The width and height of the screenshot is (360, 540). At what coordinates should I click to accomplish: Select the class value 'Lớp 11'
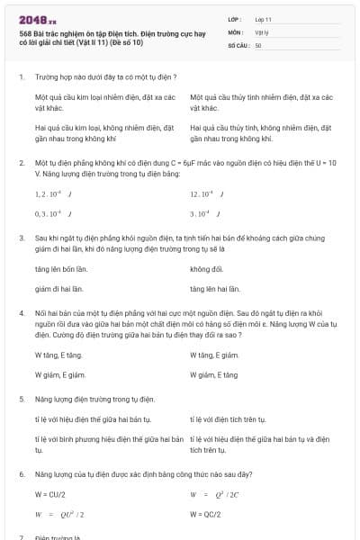click(x=264, y=18)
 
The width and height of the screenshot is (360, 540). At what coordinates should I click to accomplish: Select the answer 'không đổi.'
click(x=206, y=269)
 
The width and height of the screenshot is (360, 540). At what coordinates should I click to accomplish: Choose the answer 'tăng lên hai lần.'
click(x=215, y=289)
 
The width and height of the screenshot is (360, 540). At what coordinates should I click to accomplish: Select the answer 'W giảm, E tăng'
click(x=213, y=374)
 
